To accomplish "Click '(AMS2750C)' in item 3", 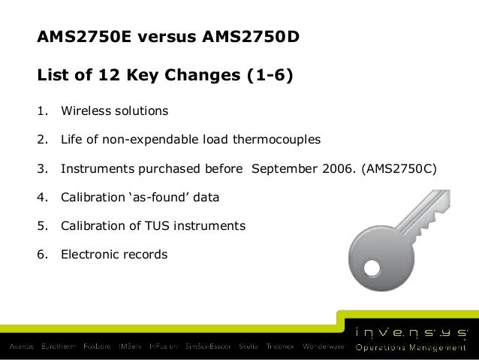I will [398, 168].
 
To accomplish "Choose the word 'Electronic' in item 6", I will [90, 254].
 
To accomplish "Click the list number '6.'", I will [42, 254].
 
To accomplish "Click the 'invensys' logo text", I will [411, 330].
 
